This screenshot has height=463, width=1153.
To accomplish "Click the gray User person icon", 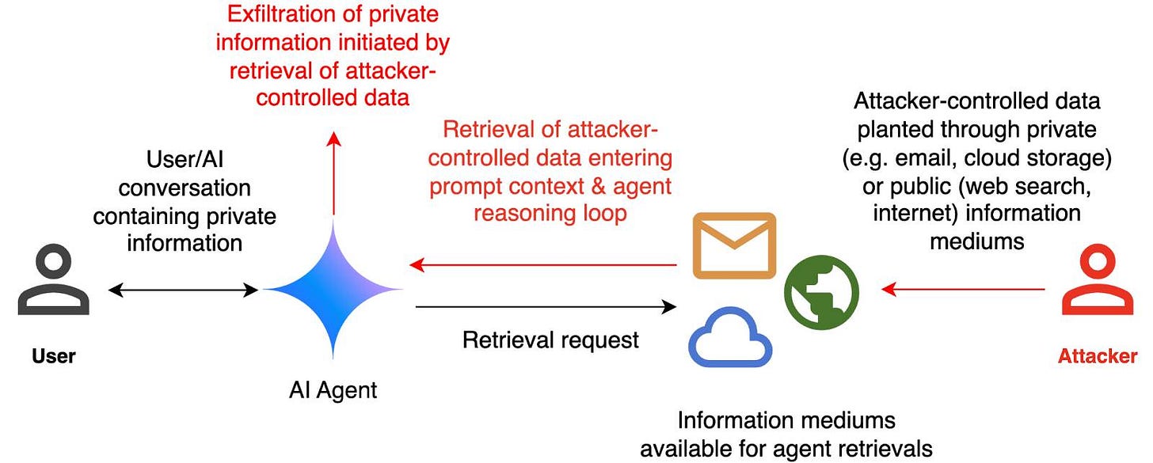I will pos(53,280).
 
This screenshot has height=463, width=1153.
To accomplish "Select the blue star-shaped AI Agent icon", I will pos(333,290).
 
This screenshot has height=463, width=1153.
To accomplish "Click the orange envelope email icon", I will pos(733,245).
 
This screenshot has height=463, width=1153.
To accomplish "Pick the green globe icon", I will pos(821,289).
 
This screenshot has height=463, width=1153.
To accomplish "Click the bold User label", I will pos(53,355).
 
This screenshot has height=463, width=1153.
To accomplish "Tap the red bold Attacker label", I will pos(1097,355).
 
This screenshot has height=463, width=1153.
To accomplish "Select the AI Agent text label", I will pos(333,389).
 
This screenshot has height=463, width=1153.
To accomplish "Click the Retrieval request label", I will pos(550,340).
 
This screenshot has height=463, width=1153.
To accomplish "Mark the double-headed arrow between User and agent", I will pos(183,290).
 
